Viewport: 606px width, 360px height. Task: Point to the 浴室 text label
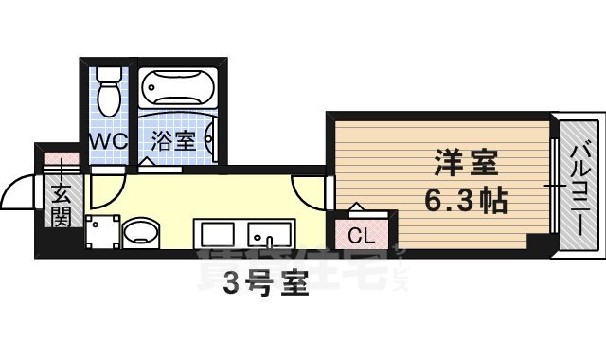pos(173,141)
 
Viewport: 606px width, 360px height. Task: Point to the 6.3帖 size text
pos(464,201)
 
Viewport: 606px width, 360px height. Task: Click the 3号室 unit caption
pos(266,285)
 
